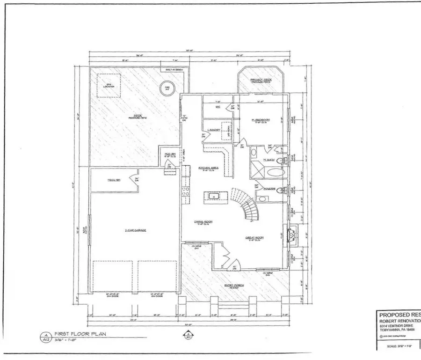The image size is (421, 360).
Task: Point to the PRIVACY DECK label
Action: click(258, 81)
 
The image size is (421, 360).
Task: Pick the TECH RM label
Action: click(112, 180)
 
